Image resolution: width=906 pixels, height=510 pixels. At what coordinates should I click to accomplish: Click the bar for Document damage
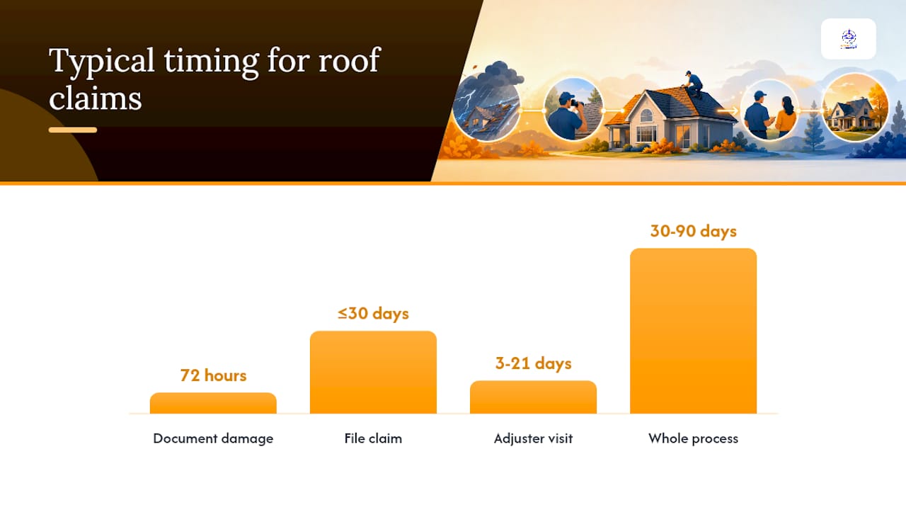pyautogui.click(x=213, y=403)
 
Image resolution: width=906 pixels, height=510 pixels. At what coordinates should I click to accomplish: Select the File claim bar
pyautogui.click(x=373, y=373)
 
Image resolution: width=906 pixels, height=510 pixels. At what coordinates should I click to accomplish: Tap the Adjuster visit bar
pyautogui.click(x=533, y=397)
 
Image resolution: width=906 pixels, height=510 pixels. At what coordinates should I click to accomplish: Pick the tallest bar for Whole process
pyautogui.click(x=693, y=331)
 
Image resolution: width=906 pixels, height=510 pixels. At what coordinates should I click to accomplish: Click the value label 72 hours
pyautogui.click(x=213, y=375)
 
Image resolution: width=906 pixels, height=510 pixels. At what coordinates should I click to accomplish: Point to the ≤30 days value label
pyautogui.click(x=373, y=314)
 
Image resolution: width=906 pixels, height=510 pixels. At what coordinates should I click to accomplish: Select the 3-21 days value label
pyautogui.click(x=534, y=363)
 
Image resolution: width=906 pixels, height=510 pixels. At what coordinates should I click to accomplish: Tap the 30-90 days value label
pyautogui.click(x=694, y=232)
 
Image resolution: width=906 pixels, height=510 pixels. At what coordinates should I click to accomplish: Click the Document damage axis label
pyautogui.click(x=213, y=438)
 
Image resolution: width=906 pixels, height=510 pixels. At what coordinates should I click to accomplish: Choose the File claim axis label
pyautogui.click(x=373, y=438)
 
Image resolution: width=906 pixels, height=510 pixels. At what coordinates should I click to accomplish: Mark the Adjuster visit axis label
pyautogui.click(x=533, y=438)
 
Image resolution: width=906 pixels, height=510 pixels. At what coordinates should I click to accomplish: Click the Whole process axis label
pyautogui.click(x=693, y=438)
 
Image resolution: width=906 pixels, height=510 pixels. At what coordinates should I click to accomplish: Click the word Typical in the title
pyautogui.click(x=101, y=61)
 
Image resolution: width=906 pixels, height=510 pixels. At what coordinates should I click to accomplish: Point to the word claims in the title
pyautogui.click(x=96, y=98)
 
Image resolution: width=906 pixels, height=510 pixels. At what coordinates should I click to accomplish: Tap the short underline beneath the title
pyautogui.click(x=73, y=130)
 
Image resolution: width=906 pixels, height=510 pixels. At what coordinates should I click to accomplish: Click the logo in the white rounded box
pyautogui.click(x=849, y=39)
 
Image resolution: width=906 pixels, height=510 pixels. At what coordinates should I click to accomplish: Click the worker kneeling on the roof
pyautogui.click(x=693, y=84)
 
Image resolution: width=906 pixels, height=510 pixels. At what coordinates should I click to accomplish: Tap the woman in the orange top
pyautogui.click(x=786, y=117)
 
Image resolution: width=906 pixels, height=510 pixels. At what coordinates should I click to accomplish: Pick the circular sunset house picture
pyautogui.click(x=855, y=107)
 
